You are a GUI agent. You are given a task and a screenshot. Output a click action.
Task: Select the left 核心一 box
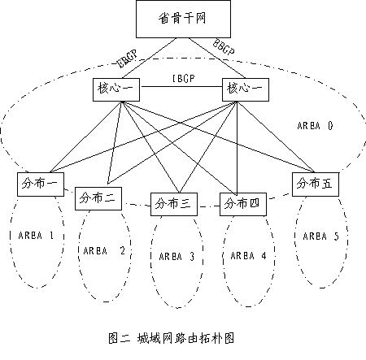(x=115, y=88)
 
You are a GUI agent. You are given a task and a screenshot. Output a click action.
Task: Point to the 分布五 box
(x=315, y=183)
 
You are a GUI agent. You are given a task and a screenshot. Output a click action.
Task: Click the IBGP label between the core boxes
(x=181, y=79)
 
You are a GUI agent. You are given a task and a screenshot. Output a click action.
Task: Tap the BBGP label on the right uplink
(x=224, y=49)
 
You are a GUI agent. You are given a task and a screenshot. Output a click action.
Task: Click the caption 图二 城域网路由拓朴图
(x=176, y=337)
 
